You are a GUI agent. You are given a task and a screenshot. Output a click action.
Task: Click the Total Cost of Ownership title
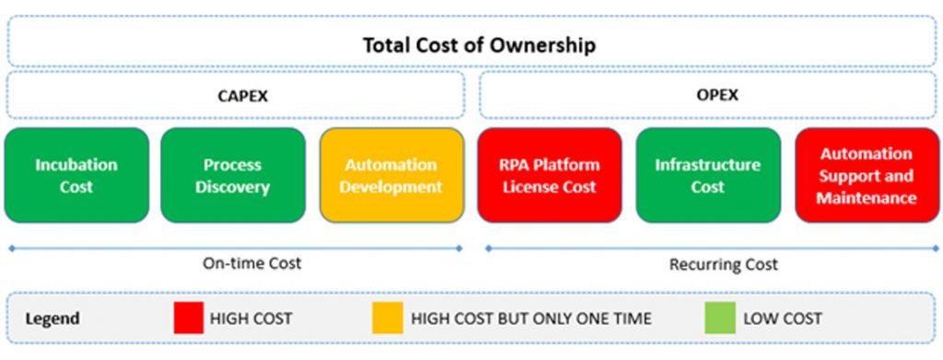pyautogui.click(x=478, y=44)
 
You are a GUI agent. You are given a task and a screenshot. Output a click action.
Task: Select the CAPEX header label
pyautogui.click(x=236, y=96)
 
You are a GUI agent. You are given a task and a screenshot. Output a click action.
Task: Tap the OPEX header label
pyautogui.click(x=706, y=96)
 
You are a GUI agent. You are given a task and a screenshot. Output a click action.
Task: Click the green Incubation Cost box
pyautogui.click(x=76, y=176)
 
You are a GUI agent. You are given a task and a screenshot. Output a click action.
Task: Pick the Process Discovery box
pyautogui.click(x=233, y=176)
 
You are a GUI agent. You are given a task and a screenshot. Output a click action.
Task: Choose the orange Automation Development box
pyautogui.click(x=391, y=176)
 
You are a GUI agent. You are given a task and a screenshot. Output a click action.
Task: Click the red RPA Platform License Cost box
pyautogui.click(x=550, y=176)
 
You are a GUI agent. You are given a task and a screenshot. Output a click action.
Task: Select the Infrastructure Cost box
pyautogui.click(x=707, y=176)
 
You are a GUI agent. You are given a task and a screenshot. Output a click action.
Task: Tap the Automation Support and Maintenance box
pyautogui.click(x=866, y=176)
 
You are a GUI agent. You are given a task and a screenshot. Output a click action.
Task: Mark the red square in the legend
pyautogui.click(x=188, y=319)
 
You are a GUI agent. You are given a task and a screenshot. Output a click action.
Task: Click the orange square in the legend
pyautogui.click(x=387, y=319)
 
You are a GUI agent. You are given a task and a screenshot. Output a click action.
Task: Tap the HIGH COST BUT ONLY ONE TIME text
pyautogui.click(x=531, y=319)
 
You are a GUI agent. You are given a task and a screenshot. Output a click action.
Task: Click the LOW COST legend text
pyautogui.click(x=783, y=319)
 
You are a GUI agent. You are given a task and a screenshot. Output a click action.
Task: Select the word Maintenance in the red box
pyautogui.click(x=866, y=198)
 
